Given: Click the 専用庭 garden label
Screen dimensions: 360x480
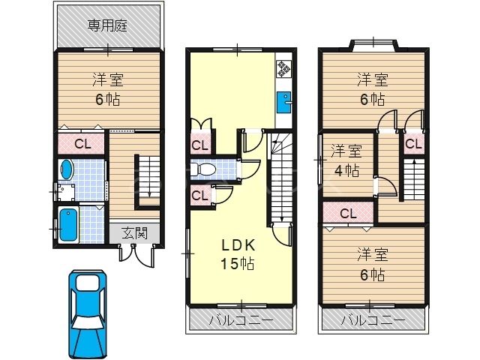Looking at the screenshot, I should [x=107, y=25].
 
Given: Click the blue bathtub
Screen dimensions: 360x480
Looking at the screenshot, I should [x=67, y=224].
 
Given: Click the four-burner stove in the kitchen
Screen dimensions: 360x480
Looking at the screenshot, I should [x=284, y=69].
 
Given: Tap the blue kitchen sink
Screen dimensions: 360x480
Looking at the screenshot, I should [x=284, y=100].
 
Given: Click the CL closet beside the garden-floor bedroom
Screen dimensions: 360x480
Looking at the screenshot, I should [x=82, y=143].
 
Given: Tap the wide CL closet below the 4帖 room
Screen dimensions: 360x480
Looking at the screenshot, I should [x=348, y=214].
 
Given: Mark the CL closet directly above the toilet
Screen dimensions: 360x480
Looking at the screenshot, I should [x=199, y=145].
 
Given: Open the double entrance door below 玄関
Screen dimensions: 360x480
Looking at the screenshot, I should [x=136, y=254].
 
